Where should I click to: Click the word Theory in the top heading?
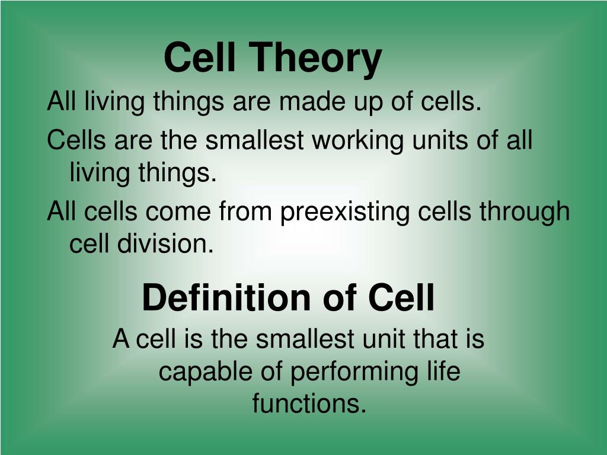pyautogui.click(x=315, y=58)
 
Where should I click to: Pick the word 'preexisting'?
pyautogui.click(x=344, y=212)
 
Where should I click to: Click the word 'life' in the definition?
pyautogui.click(x=443, y=372)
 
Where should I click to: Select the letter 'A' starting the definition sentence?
pyautogui.click(x=121, y=340)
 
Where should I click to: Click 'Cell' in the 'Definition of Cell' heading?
pyautogui.click(x=401, y=298)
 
